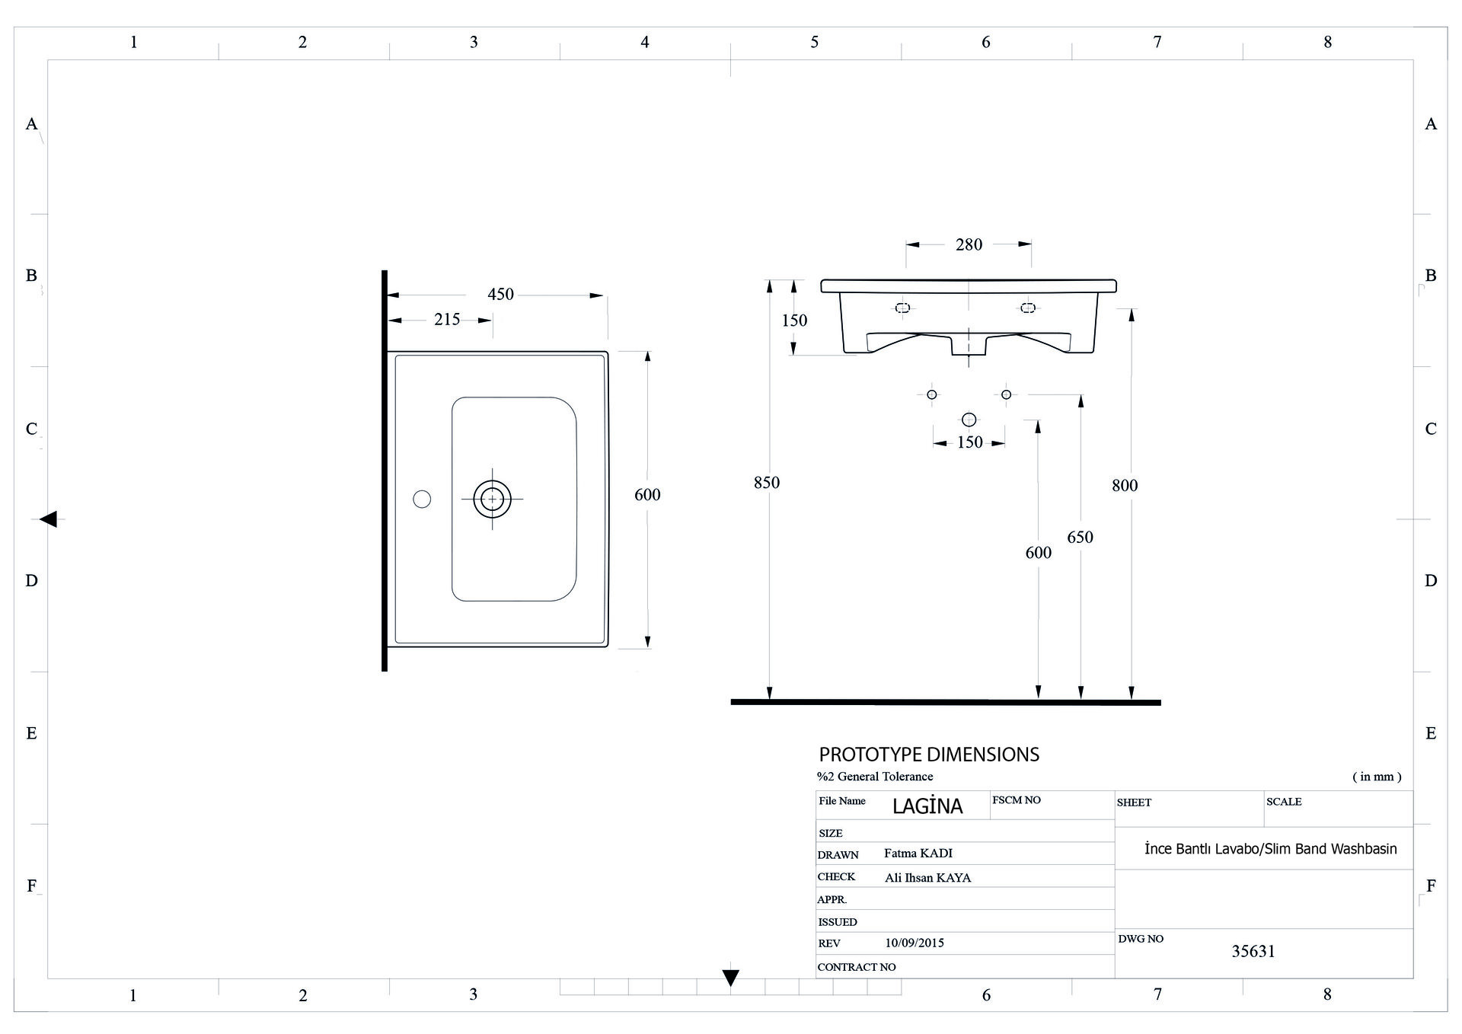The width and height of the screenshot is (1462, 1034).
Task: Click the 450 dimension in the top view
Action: coord(500,294)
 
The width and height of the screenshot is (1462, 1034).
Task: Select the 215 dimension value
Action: coord(447,319)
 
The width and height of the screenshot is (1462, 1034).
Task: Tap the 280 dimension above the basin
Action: coord(969,244)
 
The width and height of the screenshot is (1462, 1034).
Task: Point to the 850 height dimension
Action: coord(766,482)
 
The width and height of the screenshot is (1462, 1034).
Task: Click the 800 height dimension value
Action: coord(1124,485)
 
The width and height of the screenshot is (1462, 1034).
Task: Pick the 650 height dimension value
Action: coord(1080,537)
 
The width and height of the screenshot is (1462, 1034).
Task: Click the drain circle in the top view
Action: coord(492,499)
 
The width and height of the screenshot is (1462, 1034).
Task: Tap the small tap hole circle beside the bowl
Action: coord(422,499)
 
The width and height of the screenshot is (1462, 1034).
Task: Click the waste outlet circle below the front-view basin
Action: coord(969,420)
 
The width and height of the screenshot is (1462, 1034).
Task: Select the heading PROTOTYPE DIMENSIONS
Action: coord(929,755)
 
